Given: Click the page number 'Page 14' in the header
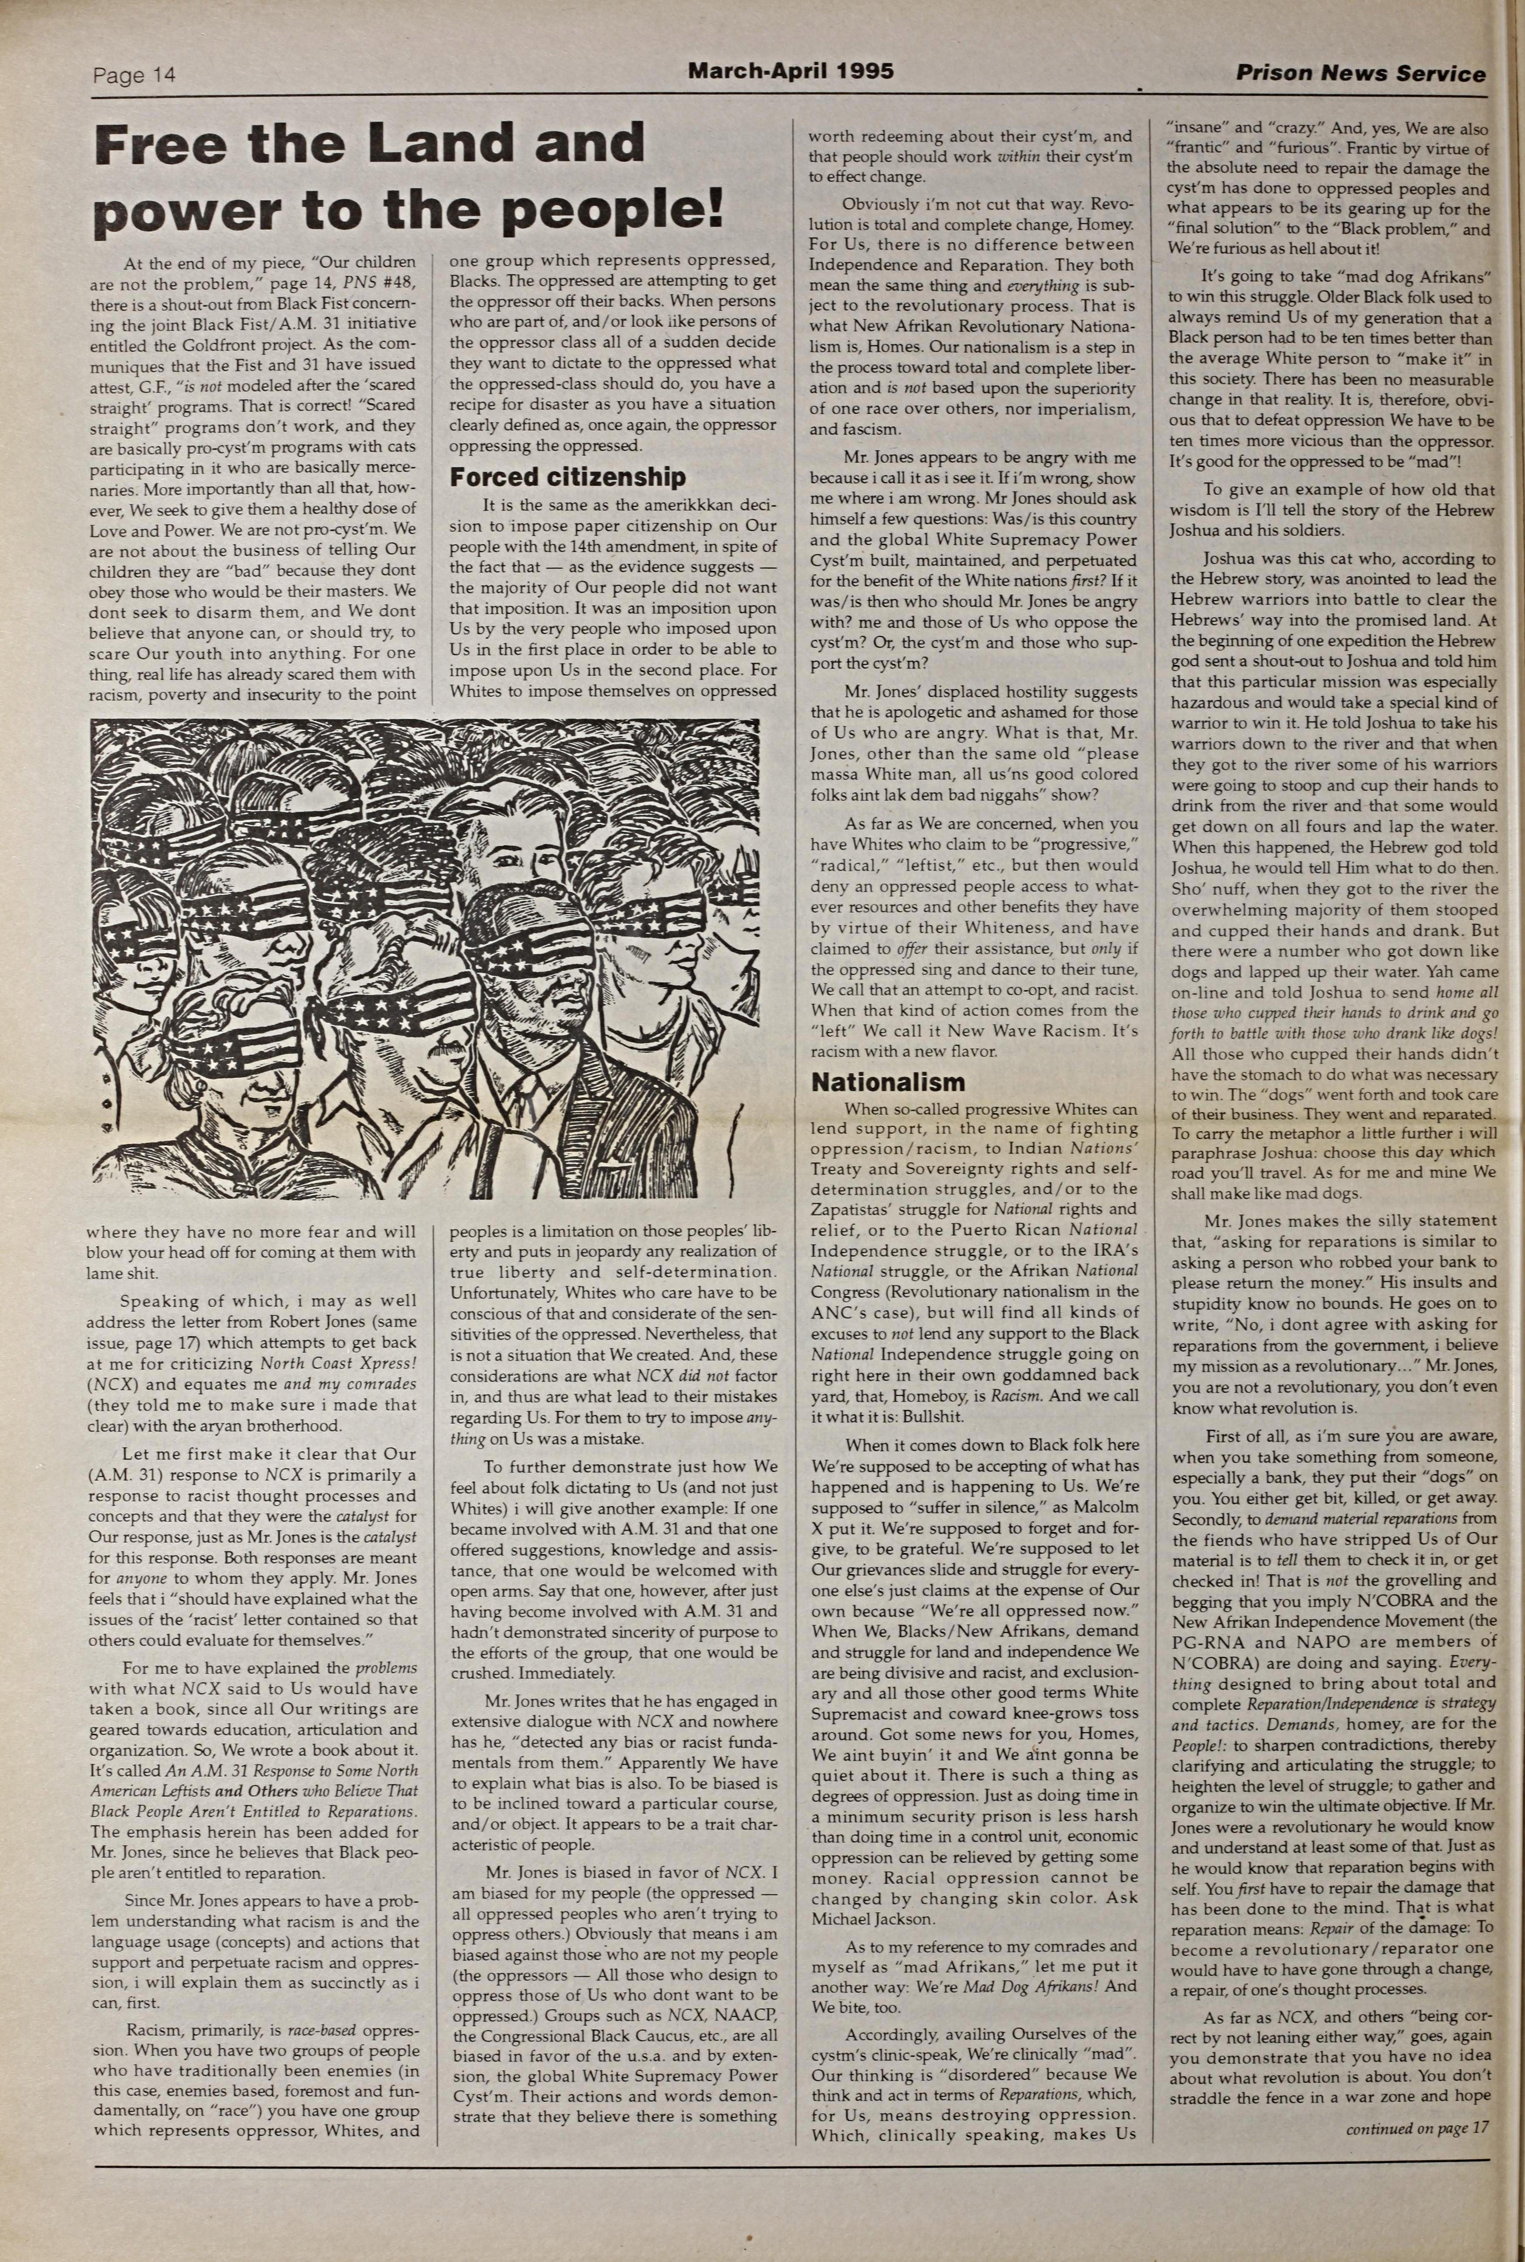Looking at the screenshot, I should [134, 75].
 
